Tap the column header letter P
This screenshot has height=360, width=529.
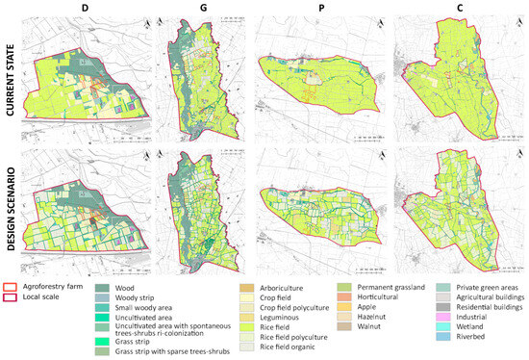tap(324, 8)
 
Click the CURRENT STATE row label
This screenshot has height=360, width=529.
tap(9, 79)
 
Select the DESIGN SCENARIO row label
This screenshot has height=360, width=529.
tap(9, 206)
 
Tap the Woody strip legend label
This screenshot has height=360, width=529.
tap(139, 297)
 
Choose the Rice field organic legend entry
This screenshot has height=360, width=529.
tap(283, 347)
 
